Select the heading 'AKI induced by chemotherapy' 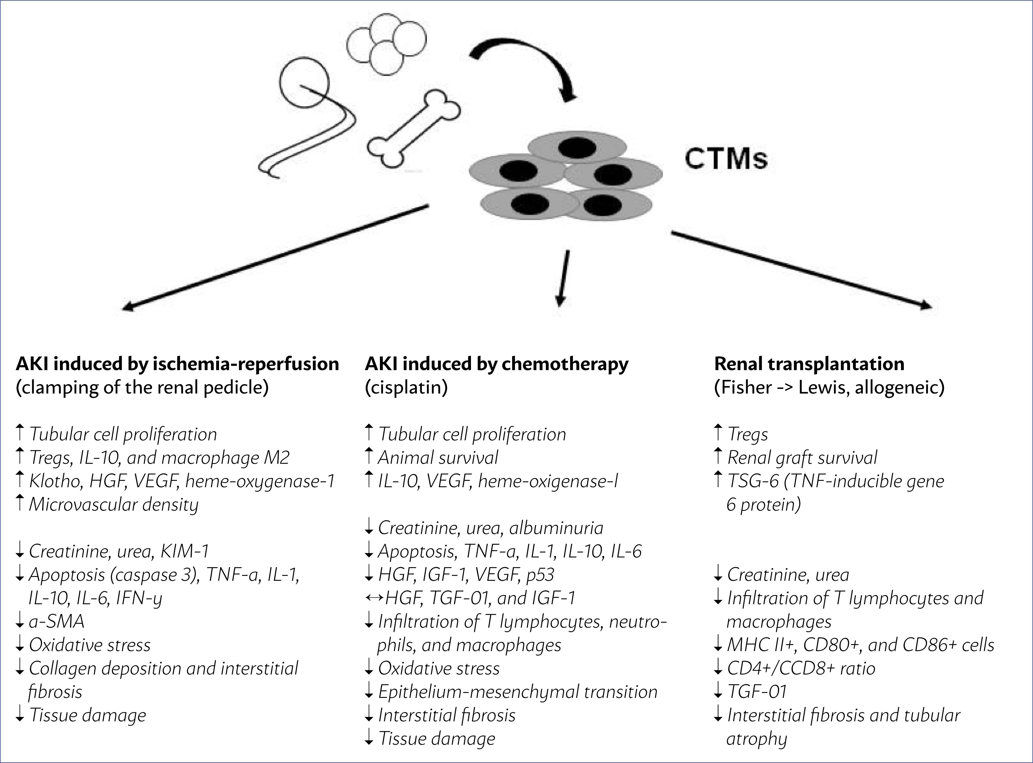496,364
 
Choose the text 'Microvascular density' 113,504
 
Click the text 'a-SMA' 56,621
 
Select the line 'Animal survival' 438,458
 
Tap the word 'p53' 540,575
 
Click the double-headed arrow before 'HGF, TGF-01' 374,598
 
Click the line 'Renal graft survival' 802,458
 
